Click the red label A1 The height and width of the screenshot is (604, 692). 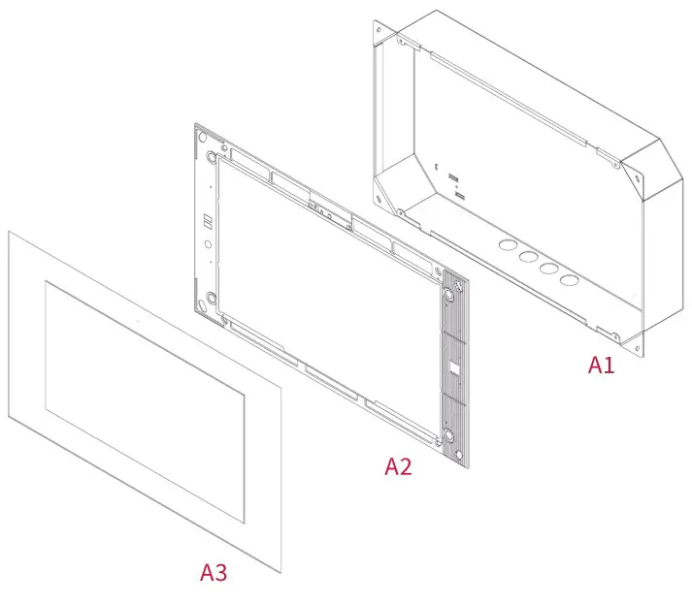tap(601, 365)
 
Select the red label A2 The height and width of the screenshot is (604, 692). tap(398, 466)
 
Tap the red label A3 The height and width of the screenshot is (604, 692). tap(214, 572)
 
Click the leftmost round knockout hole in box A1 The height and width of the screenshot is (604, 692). tap(508, 245)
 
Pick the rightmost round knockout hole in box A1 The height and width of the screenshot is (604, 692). tap(570, 280)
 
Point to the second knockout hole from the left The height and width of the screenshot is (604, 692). tap(528, 257)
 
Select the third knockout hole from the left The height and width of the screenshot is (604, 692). tap(549, 269)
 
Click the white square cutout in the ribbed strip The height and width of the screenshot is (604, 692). tap(452, 367)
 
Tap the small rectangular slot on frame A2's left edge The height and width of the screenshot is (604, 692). tap(207, 221)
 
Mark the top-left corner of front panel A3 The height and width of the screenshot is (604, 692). tap(10, 233)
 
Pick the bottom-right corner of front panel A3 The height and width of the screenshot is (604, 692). tap(280, 570)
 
